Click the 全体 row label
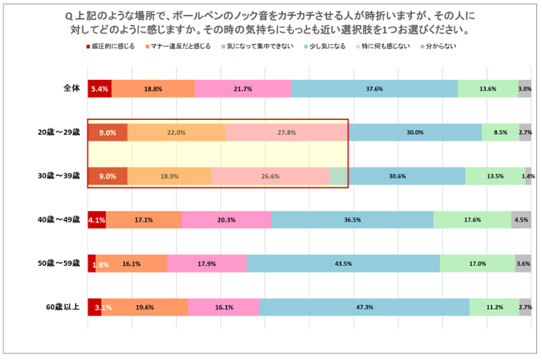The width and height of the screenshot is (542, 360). coord(69,88)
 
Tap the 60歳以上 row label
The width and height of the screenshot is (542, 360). coord(63,307)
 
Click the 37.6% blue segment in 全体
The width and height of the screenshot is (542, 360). coord(374,88)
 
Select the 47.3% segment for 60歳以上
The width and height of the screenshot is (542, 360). coord(364,307)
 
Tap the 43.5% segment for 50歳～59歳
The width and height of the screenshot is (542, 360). coord(343,264)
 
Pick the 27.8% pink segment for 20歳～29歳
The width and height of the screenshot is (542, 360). coord(286,132)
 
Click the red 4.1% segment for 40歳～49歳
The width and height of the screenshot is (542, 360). coord(96,220)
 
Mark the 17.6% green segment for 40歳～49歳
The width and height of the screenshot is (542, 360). coord(472,220)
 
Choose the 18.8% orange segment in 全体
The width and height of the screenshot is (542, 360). coord(153,88)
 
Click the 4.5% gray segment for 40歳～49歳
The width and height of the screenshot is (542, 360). coord(521,220)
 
